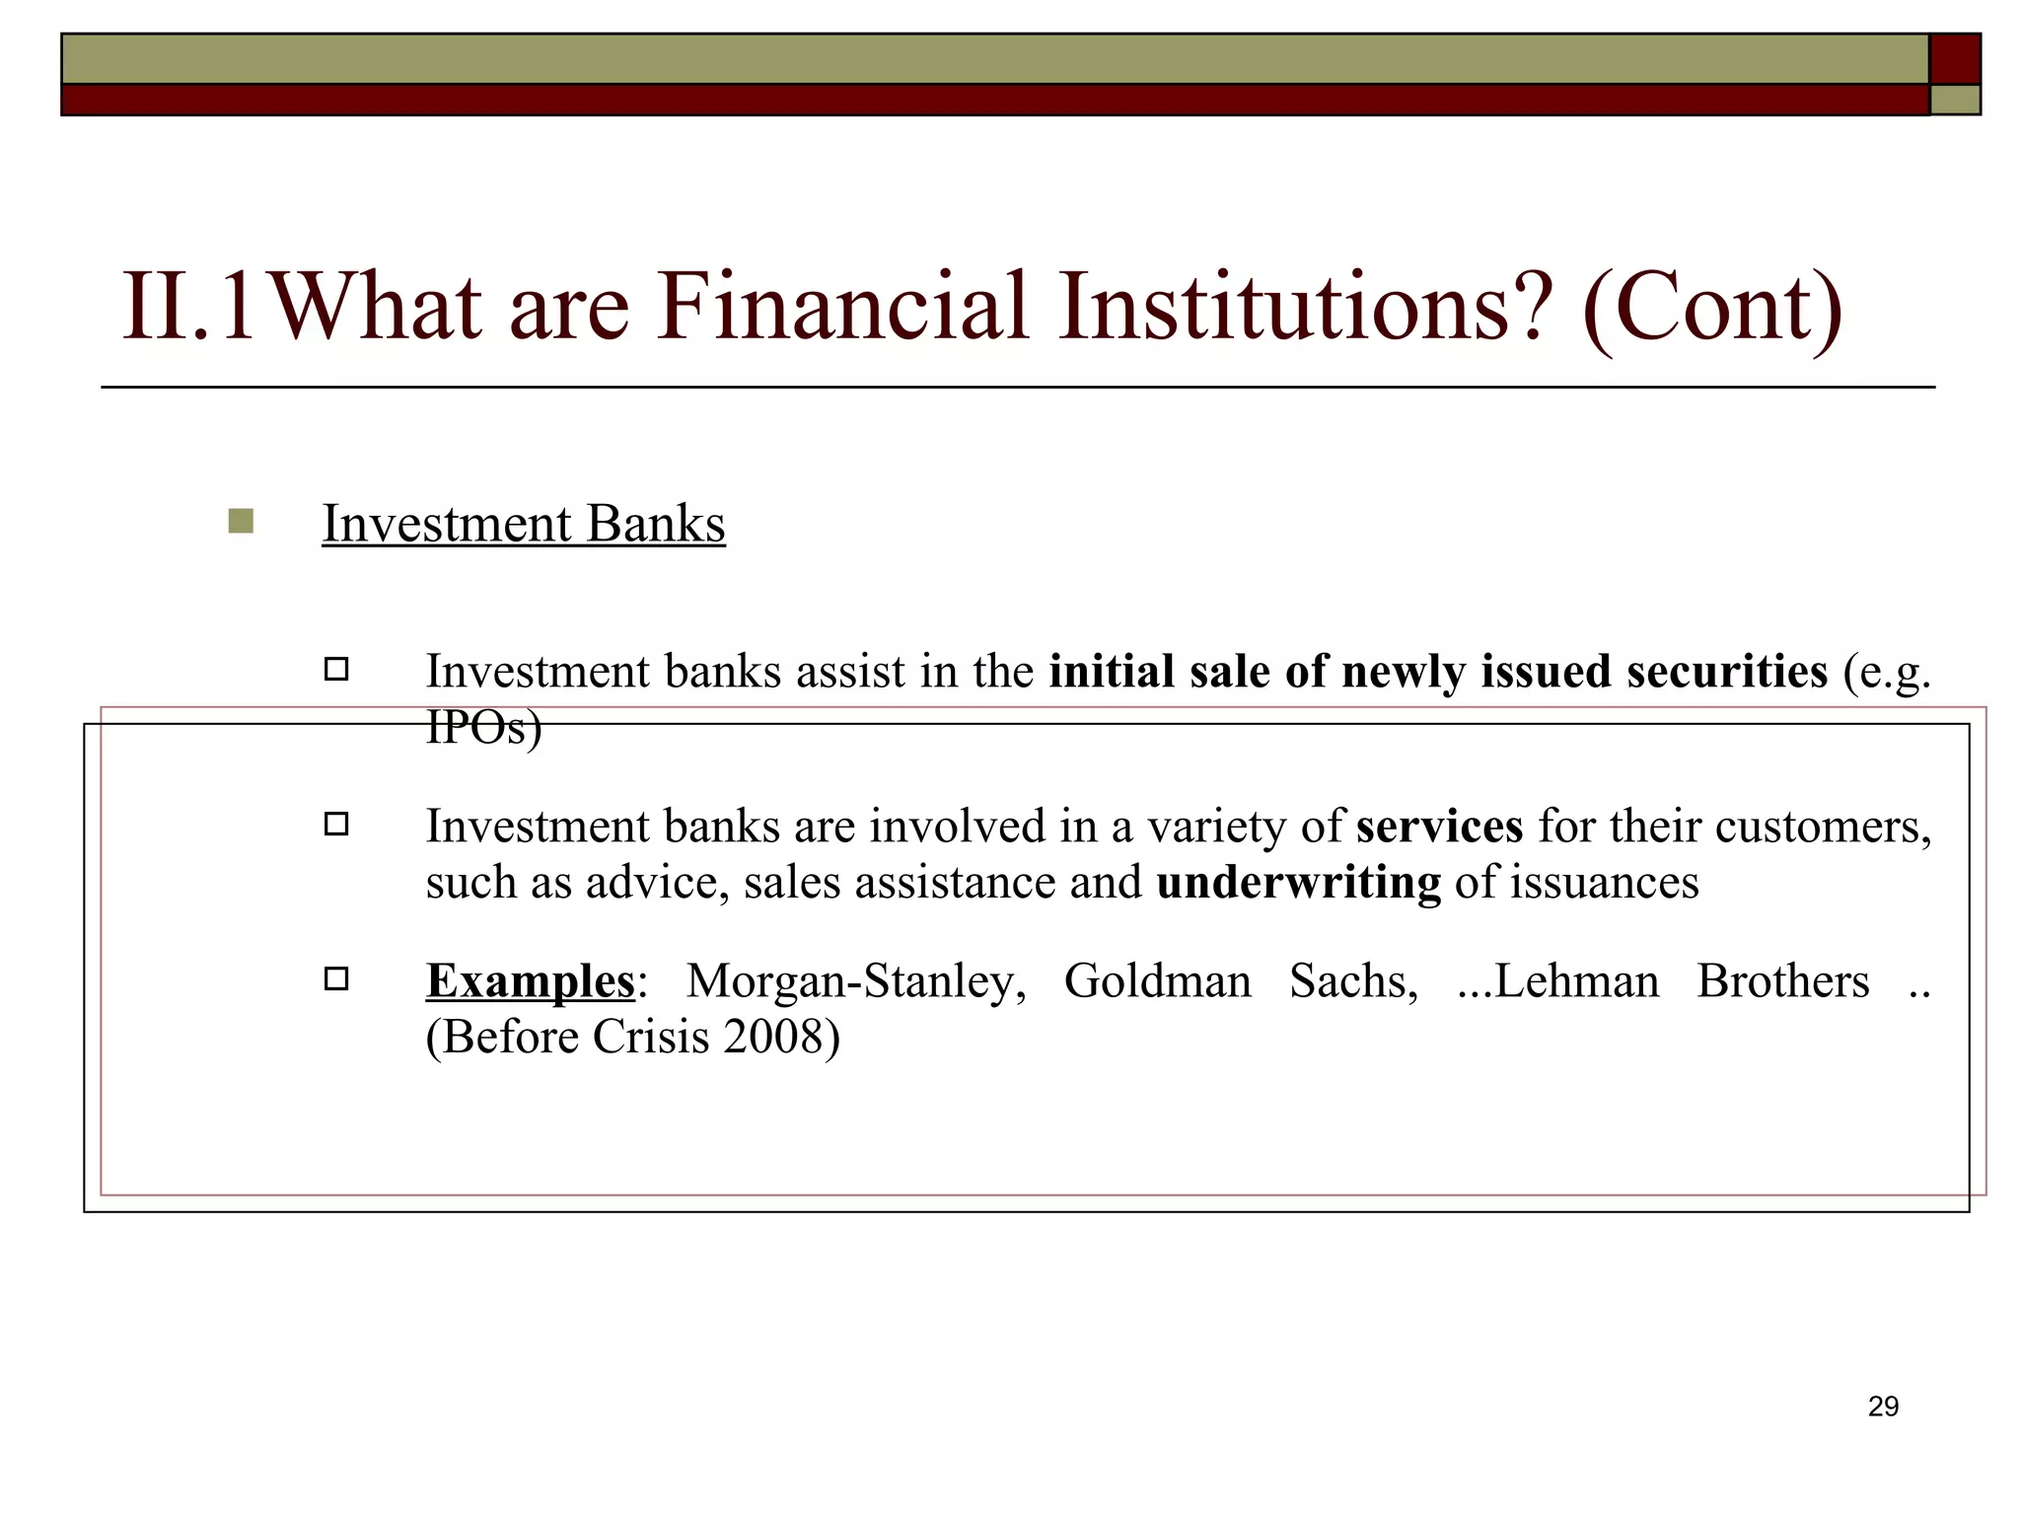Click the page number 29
pos(1883,1407)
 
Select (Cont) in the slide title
pos(1712,308)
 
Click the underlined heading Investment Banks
pos(524,524)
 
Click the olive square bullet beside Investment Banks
pos(241,521)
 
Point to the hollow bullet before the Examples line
pos(336,979)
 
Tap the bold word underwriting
pos(1298,882)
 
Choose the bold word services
pos(1439,827)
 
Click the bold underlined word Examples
pos(531,981)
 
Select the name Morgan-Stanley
pos(855,981)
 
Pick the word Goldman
pos(1157,981)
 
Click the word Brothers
pos(1782,981)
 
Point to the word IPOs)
pos(483,728)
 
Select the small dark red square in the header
pos(1955,59)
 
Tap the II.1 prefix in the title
pos(188,308)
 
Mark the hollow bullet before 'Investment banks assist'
pos(336,671)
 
